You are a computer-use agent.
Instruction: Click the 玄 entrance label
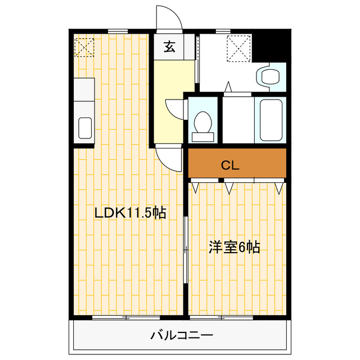click(x=169, y=47)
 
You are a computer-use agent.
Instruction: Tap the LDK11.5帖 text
click(x=130, y=213)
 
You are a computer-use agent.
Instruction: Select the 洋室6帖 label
click(x=235, y=247)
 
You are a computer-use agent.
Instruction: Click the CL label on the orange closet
click(x=230, y=165)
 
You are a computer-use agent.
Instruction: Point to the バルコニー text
click(x=182, y=336)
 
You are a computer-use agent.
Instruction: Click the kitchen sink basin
click(x=84, y=128)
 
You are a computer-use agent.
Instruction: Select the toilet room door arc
click(x=174, y=109)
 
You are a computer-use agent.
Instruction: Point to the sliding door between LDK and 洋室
click(x=186, y=247)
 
